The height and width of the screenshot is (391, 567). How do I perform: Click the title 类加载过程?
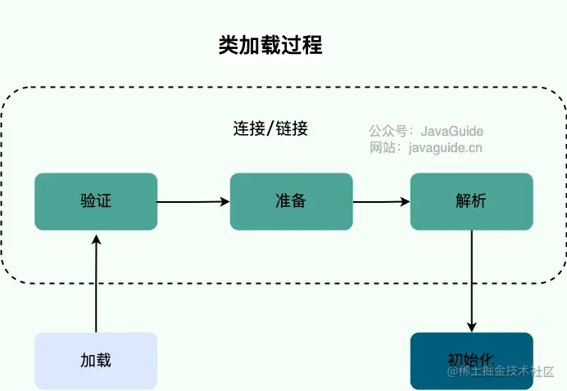point(270,45)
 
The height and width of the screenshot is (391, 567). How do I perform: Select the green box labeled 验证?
point(96,201)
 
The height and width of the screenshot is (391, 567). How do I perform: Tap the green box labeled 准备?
point(291,201)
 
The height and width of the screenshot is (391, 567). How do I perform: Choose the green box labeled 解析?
point(471,201)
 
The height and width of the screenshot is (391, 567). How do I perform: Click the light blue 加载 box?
point(96,360)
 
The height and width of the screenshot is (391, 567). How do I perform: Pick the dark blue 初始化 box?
point(471,360)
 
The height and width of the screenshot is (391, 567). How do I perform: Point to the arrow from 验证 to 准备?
point(193,201)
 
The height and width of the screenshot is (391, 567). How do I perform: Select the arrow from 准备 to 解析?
point(381,201)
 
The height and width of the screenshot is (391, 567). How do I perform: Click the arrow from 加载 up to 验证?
point(96,282)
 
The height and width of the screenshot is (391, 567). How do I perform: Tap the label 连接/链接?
point(270,128)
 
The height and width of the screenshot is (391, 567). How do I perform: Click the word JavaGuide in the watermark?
point(451,131)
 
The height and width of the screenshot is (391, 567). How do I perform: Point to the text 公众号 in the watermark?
point(388,131)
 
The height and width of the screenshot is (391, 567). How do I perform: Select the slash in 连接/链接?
point(270,129)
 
